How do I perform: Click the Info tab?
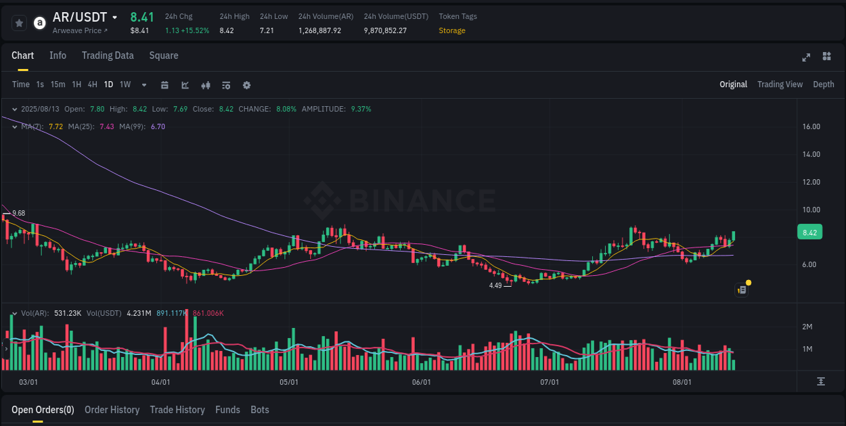pos(58,55)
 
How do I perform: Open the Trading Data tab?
pos(108,55)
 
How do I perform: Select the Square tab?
pos(164,55)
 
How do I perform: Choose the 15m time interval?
pos(58,85)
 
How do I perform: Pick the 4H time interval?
pos(92,85)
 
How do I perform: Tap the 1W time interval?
pos(125,85)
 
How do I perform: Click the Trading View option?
pos(780,85)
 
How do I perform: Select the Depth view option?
pos(823,85)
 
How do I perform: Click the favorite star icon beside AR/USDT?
pos(19,23)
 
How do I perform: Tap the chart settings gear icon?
pos(246,85)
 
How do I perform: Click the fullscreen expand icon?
pos(806,57)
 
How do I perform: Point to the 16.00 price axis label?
pos(811,126)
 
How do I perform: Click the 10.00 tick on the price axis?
pos(811,210)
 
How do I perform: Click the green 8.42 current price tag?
pos(809,233)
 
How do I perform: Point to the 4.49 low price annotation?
pos(495,285)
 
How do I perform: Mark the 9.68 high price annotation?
pos(18,213)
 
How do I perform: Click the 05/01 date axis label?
pos(289,382)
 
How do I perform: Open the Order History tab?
pos(112,410)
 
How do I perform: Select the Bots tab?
pos(259,410)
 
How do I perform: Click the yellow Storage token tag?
pos(451,30)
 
